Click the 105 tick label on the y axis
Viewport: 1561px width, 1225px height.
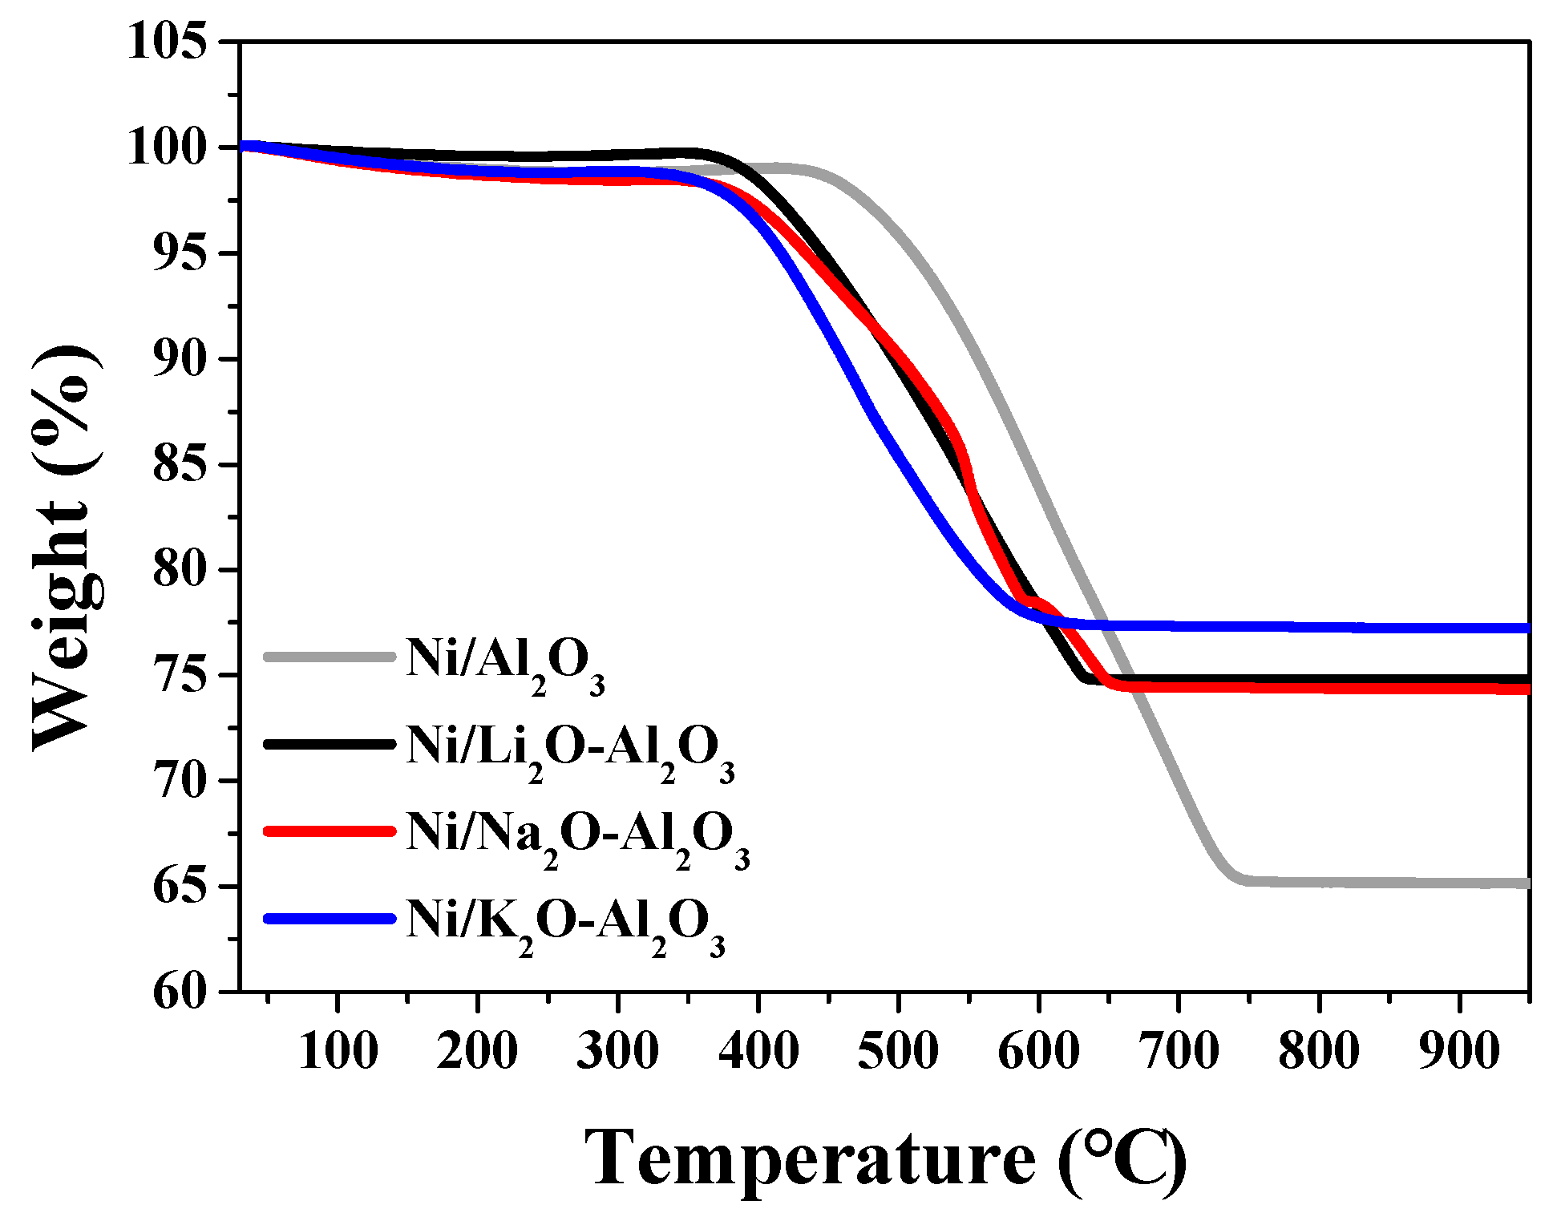[166, 41]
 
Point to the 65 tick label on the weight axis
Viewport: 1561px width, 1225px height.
[179, 887]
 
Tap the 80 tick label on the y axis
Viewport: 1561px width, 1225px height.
[179, 570]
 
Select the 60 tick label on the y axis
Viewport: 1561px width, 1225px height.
[179, 993]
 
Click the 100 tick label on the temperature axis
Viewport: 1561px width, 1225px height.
[338, 1051]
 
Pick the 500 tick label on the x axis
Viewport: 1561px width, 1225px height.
[898, 1051]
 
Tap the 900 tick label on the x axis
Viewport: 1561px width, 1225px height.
[1458, 1051]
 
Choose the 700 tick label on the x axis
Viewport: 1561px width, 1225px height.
[1179, 1051]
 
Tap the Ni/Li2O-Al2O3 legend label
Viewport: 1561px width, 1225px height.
[570, 750]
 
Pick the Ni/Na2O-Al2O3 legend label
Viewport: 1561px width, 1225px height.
[578, 837]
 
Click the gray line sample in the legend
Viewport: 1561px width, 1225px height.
[330, 657]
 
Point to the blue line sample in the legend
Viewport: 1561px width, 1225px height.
[330, 919]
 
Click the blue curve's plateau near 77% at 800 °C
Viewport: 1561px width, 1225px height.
[1319, 626]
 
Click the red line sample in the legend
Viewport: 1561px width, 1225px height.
[330, 831]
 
